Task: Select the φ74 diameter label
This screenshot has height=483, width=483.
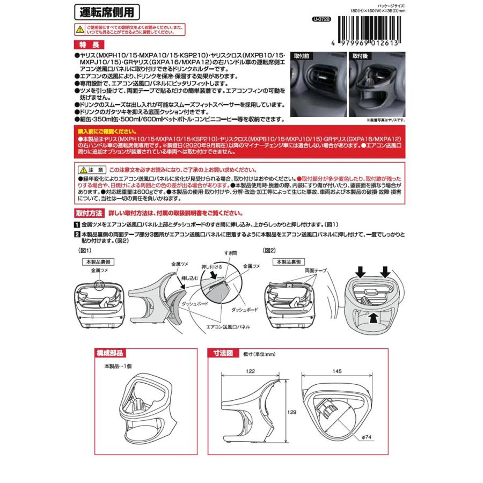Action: (367, 438)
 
